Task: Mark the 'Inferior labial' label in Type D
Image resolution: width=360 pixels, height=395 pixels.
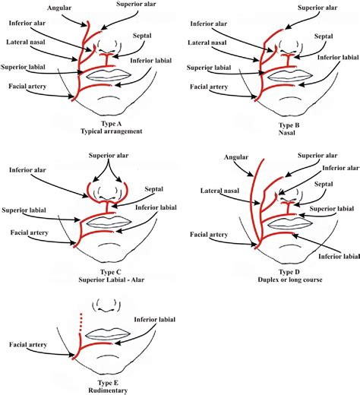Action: [x=333, y=255]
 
